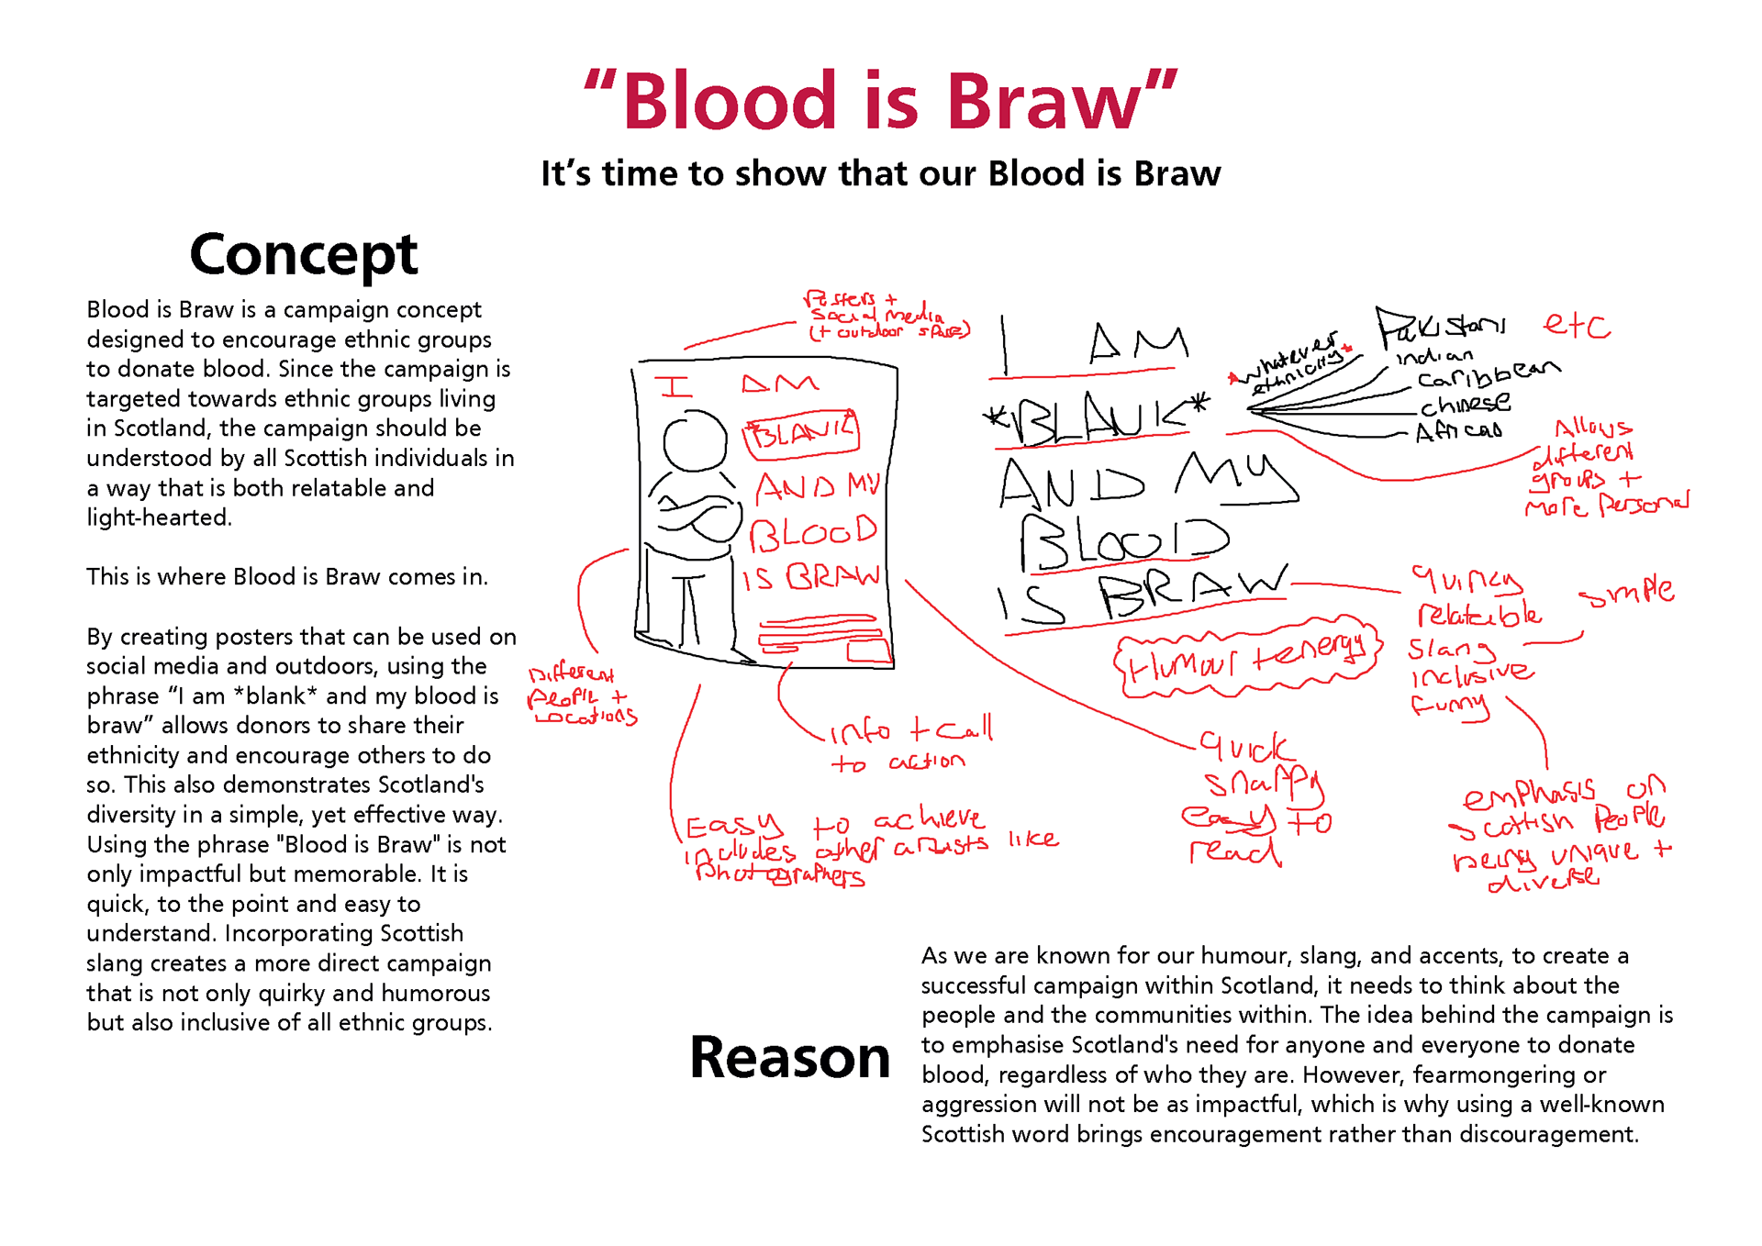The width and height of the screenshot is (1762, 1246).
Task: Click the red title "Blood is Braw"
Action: pos(880,101)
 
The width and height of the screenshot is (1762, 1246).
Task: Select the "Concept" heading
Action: pos(303,254)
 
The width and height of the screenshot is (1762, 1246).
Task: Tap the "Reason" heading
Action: pos(789,1057)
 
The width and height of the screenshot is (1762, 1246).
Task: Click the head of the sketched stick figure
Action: pos(695,440)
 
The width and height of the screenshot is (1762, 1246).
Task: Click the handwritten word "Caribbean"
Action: pos(1487,374)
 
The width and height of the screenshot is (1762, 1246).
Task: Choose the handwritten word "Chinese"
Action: pos(1465,404)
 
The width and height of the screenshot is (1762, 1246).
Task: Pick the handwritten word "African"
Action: pos(1458,430)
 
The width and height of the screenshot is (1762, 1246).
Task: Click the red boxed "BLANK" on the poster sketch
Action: pos(800,433)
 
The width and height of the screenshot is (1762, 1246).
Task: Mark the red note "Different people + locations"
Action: pos(580,696)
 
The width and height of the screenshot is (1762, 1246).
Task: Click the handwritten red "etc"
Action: pos(1576,326)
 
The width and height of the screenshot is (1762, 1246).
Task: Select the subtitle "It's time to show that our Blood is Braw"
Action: pos(880,173)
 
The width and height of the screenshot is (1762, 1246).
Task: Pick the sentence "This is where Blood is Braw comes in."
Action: pos(287,577)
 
